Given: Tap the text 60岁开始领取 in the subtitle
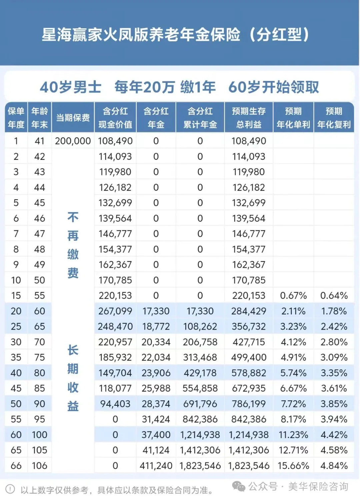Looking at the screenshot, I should pyautogui.click(x=273, y=87).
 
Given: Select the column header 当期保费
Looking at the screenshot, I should pyautogui.click(x=73, y=118).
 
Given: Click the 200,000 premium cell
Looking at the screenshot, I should pyautogui.click(x=73, y=141).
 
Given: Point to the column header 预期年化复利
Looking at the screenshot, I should pyautogui.click(x=334, y=118).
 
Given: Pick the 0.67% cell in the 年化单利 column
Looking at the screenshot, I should pyautogui.click(x=293, y=295).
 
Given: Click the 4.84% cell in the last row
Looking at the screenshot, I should pyautogui.click(x=334, y=465).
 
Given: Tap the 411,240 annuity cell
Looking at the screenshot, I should pyautogui.click(x=156, y=465).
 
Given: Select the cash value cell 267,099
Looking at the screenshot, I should pyautogui.click(x=115, y=311).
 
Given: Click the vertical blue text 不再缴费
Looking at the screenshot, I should pyautogui.click(x=73, y=245).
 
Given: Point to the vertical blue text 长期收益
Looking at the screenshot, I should pyautogui.click(x=73, y=378).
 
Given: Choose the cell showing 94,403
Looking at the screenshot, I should pyautogui.click(x=115, y=404).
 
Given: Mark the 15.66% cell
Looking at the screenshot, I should pyautogui.click(x=293, y=465).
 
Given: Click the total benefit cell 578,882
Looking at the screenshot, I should pyautogui.click(x=249, y=373).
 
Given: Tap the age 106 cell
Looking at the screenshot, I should pyautogui.click(x=39, y=465).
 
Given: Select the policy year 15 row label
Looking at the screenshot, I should pyautogui.click(x=16, y=295).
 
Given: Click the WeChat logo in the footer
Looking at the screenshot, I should pyautogui.click(x=238, y=486).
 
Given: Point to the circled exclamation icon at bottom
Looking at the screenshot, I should pyautogui.click(x=10, y=489).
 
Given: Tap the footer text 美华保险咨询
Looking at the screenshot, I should pyautogui.click(x=318, y=486).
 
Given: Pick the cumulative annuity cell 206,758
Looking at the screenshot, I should pyautogui.click(x=200, y=342).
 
